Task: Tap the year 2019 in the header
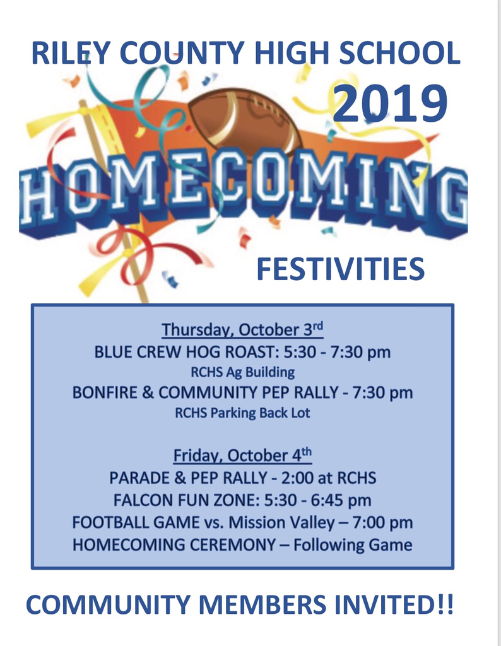[x=390, y=103]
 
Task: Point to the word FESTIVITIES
[x=340, y=269]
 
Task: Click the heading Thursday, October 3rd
[x=242, y=329]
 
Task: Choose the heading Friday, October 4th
[x=242, y=455]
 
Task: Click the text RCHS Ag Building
[x=243, y=372]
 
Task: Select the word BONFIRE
[x=105, y=392]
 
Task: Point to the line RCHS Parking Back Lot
[x=243, y=413]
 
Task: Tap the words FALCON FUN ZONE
[x=187, y=500]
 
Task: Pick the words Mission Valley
[x=281, y=522]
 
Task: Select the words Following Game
[x=353, y=545]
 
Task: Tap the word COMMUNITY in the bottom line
[x=108, y=604]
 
